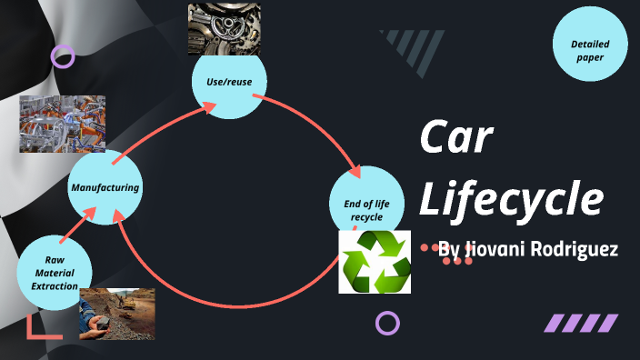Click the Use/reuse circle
pos(229,83)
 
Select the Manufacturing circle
pos(106,188)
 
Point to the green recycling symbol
pos(375,262)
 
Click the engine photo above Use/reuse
pos(225,28)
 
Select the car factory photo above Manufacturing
pos(62,124)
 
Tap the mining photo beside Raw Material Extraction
pos(116,314)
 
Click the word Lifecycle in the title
pos(511,198)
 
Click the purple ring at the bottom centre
pos(388,323)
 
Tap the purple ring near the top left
pos(63,56)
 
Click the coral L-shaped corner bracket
pos(40,329)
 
